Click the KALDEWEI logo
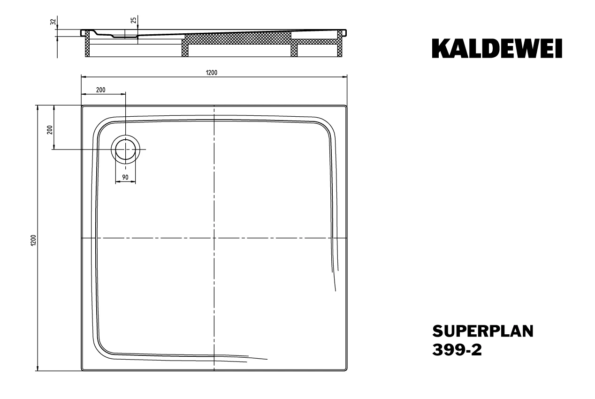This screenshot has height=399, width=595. (x=497, y=48)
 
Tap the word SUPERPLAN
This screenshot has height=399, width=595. (x=483, y=331)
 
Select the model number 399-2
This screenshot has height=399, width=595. (x=457, y=350)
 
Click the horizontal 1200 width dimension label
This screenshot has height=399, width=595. (x=212, y=73)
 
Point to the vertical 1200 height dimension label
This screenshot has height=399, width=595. (x=33, y=240)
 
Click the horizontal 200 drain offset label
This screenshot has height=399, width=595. (x=101, y=90)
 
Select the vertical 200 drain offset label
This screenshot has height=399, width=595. (x=50, y=129)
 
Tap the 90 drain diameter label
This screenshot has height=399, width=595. (x=125, y=177)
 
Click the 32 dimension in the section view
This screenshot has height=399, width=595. (x=53, y=22)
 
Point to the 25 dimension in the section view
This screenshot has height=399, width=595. (x=134, y=20)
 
